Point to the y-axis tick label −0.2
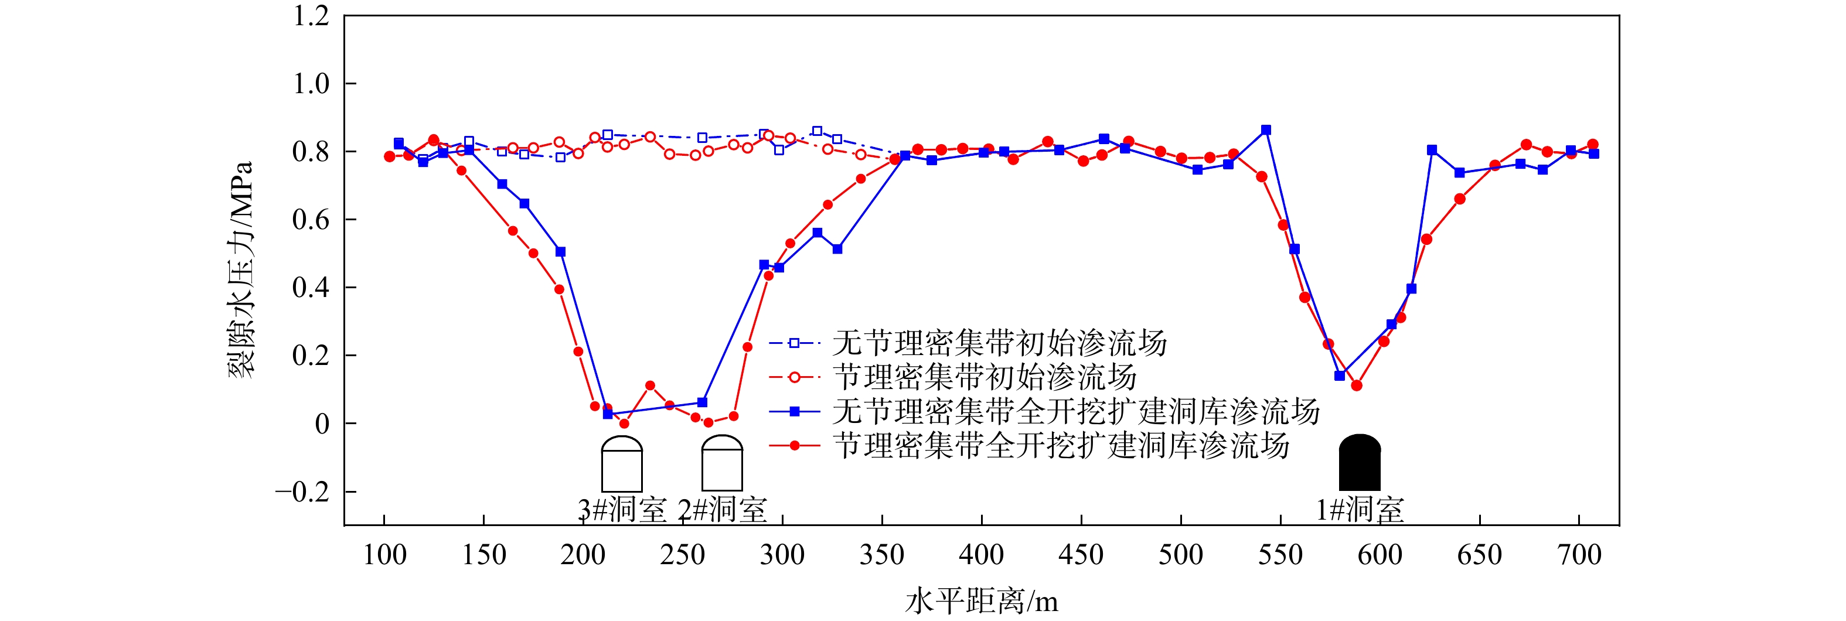click(x=302, y=492)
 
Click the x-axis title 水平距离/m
click(x=981, y=601)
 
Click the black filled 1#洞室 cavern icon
click(x=1360, y=463)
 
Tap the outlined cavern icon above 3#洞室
click(x=621, y=463)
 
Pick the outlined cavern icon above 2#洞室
click(x=721, y=463)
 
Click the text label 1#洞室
click(x=1360, y=510)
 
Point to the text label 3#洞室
click(x=622, y=510)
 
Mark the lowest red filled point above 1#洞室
click(x=1357, y=385)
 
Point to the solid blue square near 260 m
click(x=702, y=402)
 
